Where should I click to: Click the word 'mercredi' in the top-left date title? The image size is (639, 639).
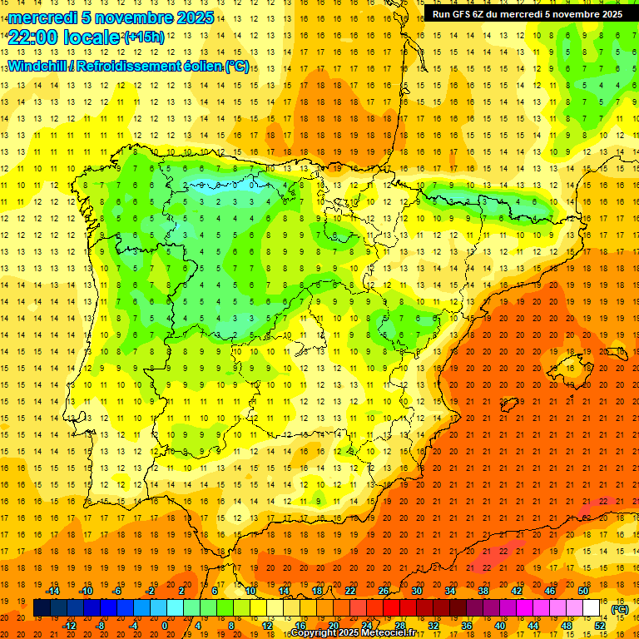pyautogui.click(x=42, y=17)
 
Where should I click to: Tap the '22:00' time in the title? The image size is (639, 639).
pyautogui.click(x=34, y=37)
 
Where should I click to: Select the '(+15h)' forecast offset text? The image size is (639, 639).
pyautogui.click(x=144, y=37)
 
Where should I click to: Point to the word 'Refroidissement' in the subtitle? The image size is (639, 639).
pyautogui.click(x=128, y=67)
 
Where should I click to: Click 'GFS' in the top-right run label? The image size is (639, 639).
pyautogui.click(x=468, y=14)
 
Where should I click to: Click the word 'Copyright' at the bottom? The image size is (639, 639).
pyautogui.click(x=315, y=633)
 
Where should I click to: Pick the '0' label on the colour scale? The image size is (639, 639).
pyautogui.click(x=165, y=626)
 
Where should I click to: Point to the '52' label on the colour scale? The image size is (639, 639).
pyautogui.click(x=600, y=626)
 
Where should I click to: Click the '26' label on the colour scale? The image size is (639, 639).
pyautogui.click(x=384, y=590)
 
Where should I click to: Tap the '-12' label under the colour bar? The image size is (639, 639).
pyautogui.click(x=70, y=626)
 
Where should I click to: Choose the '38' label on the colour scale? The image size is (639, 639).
pyautogui.click(x=483, y=590)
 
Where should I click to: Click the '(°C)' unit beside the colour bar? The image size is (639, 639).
pyautogui.click(x=619, y=609)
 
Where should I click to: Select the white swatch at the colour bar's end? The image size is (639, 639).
pyautogui.click(x=592, y=608)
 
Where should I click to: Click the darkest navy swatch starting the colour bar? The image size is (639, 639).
pyautogui.click(x=42, y=608)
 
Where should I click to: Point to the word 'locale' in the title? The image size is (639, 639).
pyautogui.click(x=92, y=37)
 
